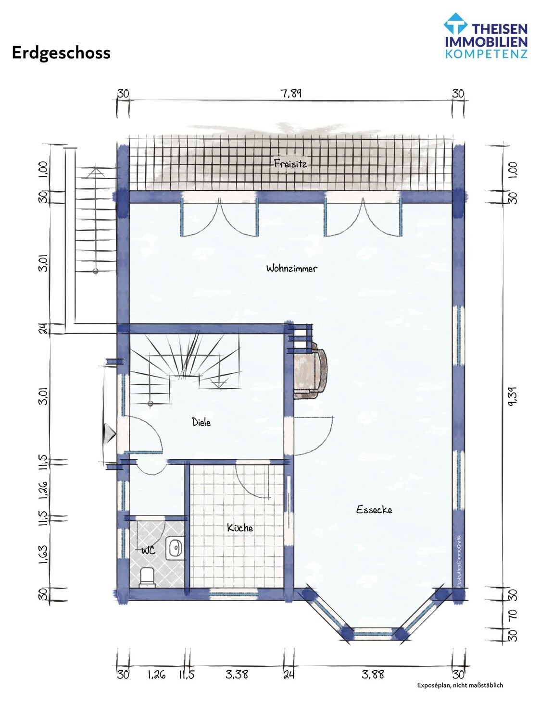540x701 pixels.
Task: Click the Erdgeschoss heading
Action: click(x=61, y=53)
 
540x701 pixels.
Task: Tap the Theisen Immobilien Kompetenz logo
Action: click(x=486, y=36)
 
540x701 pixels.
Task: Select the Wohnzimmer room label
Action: click(x=291, y=269)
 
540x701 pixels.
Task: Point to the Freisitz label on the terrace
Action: click(x=290, y=163)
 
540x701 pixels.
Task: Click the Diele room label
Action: click(x=201, y=422)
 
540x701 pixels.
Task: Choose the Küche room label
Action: click(x=240, y=528)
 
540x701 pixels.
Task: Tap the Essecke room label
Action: click(x=374, y=510)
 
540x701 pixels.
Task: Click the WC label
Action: click(x=149, y=550)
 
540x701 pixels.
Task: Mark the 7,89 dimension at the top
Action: click(x=291, y=94)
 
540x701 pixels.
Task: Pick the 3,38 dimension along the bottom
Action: click(x=237, y=674)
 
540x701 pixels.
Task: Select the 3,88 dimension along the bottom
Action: click(x=373, y=674)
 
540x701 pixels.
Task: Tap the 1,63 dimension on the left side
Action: click(x=43, y=554)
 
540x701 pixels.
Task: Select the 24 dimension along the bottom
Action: click(x=289, y=674)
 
